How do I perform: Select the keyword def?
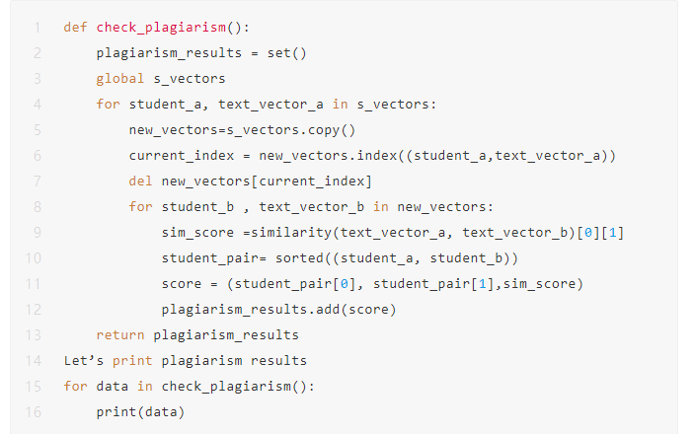75,27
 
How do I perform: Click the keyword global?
119,78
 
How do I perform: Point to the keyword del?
140,181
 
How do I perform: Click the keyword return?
119,334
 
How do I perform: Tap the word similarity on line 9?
286,232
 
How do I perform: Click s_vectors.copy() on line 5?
291,129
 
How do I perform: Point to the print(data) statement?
140,411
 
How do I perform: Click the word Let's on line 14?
83,360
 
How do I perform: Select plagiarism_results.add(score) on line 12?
279,309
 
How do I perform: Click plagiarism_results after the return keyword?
226,334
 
